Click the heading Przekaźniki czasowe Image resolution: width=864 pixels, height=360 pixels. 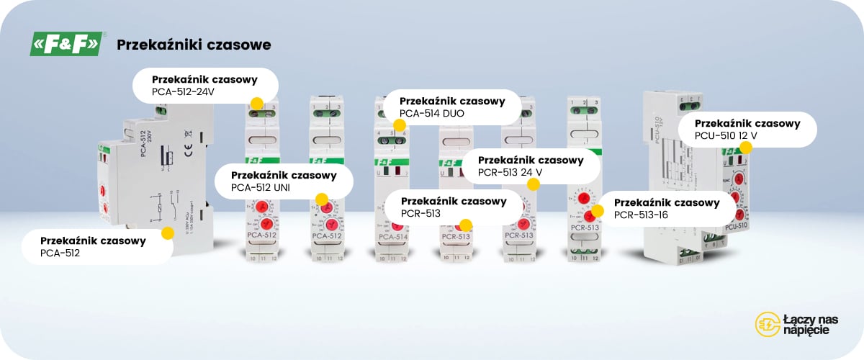pyautogui.click(x=194, y=45)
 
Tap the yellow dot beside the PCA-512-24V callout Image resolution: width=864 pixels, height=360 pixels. pyautogui.click(x=256, y=103)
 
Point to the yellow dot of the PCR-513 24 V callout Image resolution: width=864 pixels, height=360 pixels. pyautogui.click(x=533, y=184)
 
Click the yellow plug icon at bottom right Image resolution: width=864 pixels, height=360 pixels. pyautogui.click(x=766, y=324)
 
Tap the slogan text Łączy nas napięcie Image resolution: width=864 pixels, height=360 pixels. pyautogui.click(x=810, y=324)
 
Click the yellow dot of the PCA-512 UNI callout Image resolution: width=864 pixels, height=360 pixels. pyautogui.click(x=322, y=199)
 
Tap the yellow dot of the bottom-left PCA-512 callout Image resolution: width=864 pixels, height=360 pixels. pyautogui.click(x=168, y=233)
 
